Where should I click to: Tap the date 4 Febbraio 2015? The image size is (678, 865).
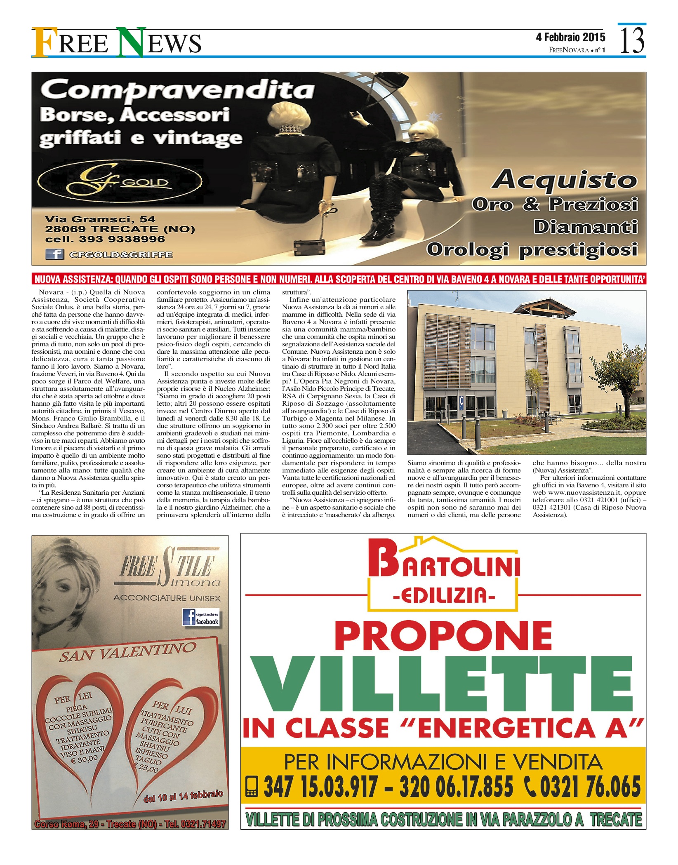pyautogui.click(x=570, y=38)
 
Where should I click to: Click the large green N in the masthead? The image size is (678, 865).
pyautogui.click(x=131, y=42)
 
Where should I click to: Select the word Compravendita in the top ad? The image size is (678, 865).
pyautogui.click(x=178, y=89)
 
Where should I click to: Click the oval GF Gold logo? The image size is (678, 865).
pyautogui.click(x=120, y=181)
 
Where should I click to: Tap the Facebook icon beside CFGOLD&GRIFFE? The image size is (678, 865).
pyautogui.click(x=54, y=254)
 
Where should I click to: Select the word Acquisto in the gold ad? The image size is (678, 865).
pyautogui.click(x=565, y=180)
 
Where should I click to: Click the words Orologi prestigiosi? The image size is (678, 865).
pyautogui.click(x=532, y=250)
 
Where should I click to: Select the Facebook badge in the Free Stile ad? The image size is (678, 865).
pyautogui.click(x=201, y=617)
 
